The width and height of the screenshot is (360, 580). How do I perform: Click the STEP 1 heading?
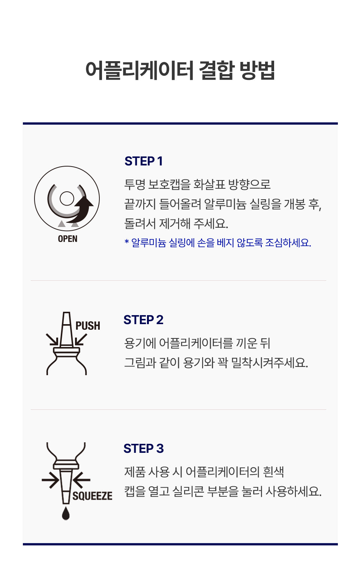point(144,161)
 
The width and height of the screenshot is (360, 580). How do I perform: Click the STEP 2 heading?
point(143,320)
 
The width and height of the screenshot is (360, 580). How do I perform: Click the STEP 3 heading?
point(144,448)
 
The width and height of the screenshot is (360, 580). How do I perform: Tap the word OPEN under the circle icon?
point(67,239)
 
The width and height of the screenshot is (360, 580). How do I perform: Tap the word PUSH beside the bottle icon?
point(88,326)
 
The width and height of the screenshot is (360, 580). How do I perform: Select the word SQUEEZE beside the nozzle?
point(92,496)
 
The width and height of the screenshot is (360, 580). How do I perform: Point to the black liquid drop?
point(66,513)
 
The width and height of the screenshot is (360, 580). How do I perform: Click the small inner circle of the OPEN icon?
point(67,198)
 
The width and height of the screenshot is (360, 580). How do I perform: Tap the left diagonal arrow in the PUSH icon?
point(52,340)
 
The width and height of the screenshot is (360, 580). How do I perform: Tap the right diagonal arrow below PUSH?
point(81,340)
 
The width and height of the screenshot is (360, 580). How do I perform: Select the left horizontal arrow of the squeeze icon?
point(51,480)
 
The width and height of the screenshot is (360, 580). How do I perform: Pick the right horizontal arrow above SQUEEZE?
point(81,480)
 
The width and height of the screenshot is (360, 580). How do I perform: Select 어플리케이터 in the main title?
point(139,70)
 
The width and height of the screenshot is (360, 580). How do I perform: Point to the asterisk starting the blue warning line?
point(126,242)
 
